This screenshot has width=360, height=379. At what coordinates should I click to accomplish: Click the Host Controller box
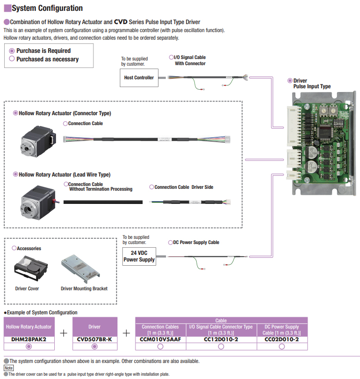[x=139, y=78]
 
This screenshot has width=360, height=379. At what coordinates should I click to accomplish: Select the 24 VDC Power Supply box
[x=139, y=256]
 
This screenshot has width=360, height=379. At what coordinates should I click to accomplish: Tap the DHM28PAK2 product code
[x=28, y=339]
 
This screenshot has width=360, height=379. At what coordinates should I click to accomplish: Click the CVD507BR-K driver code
[x=94, y=339]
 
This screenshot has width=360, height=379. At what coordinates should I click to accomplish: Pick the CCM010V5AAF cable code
[x=160, y=339]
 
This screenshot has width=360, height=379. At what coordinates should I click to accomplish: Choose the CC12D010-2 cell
[x=221, y=339]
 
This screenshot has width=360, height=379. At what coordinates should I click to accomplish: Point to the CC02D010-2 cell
[x=282, y=339]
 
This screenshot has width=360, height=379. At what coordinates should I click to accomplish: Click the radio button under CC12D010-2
[x=221, y=346]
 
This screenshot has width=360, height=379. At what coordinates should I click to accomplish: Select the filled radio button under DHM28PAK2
[x=28, y=346]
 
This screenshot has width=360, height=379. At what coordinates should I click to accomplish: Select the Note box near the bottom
[x=8, y=368]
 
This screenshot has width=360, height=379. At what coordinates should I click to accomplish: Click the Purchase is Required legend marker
[x=12, y=51]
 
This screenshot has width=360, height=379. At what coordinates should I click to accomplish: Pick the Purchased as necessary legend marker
[x=12, y=59]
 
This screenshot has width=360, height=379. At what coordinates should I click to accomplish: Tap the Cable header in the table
[x=221, y=320]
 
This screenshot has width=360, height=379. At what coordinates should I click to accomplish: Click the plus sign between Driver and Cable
[x=126, y=333]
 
